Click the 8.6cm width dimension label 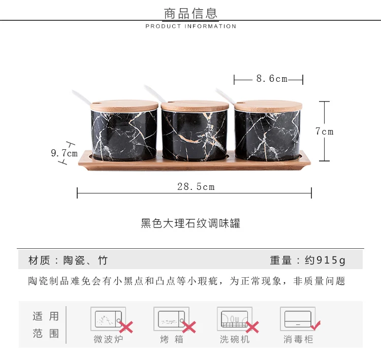pos(272,79)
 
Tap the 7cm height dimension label pos(325,132)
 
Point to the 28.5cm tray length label pos(196,186)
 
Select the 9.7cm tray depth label pos(64,153)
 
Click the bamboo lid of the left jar pos(124,106)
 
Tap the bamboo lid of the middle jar pos(195,106)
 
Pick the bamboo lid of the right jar pos(268,106)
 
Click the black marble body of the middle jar pos(195,135)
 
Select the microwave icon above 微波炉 pos(108,319)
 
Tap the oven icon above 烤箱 pos(171,319)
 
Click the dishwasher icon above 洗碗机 pos(235,319)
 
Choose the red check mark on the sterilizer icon pos(315,325)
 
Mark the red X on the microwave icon pos(126,327)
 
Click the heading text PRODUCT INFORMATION pos(190,26)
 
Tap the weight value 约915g pos(325,260)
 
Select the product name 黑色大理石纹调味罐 pos(190,223)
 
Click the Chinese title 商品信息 pos(190,13)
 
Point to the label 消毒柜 pos(298,339)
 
